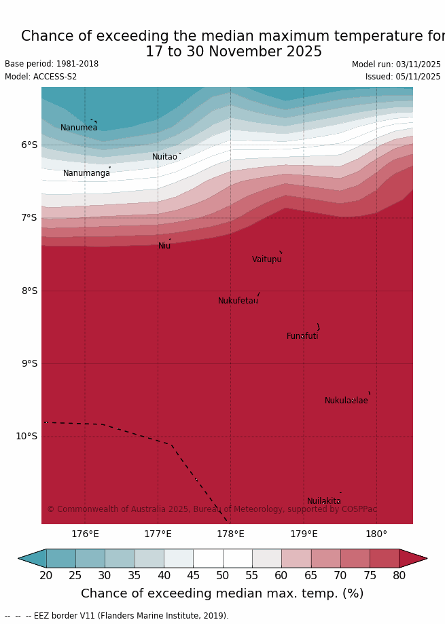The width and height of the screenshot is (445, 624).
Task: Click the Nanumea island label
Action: pyautogui.click(x=79, y=128)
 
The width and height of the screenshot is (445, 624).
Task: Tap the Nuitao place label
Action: pyautogui.click(x=164, y=157)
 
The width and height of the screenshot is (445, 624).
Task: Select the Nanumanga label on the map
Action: pyautogui.click(x=86, y=173)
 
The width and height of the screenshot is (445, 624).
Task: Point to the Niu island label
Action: pyautogui.click(x=164, y=246)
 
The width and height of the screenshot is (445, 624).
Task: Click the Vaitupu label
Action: pyautogui.click(x=266, y=259)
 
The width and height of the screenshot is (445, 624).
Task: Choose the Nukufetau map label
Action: pyautogui.click(x=238, y=301)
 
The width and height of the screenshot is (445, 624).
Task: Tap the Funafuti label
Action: pyautogui.click(x=302, y=336)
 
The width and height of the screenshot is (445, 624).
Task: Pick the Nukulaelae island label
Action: pyautogui.click(x=346, y=401)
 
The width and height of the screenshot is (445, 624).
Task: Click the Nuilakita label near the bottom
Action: pyautogui.click(x=323, y=501)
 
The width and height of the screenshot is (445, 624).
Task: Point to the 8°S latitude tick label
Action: pyautogui.click(x=29, y=291)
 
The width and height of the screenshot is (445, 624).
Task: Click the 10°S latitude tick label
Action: pyautogui.click(x=26, y=436)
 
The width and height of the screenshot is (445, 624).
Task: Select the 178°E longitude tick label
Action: pyautogui.click(x=230, y=534)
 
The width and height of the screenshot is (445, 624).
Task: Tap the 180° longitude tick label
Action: pyautogui.click(x=376, y=534)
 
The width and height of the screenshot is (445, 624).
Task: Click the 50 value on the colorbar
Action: pyautogui.click(x=222, y=576)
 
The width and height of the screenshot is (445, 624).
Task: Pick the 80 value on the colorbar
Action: pyautogui.click(x=399, y=576)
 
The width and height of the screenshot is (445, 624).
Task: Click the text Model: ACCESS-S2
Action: pyautogui.click(x=41, y=77)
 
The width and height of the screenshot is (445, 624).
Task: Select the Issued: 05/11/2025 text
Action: pyautogui.click(x=403, y=77)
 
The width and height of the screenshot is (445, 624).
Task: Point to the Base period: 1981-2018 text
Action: pyautogui.click(x=52, y=64)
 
